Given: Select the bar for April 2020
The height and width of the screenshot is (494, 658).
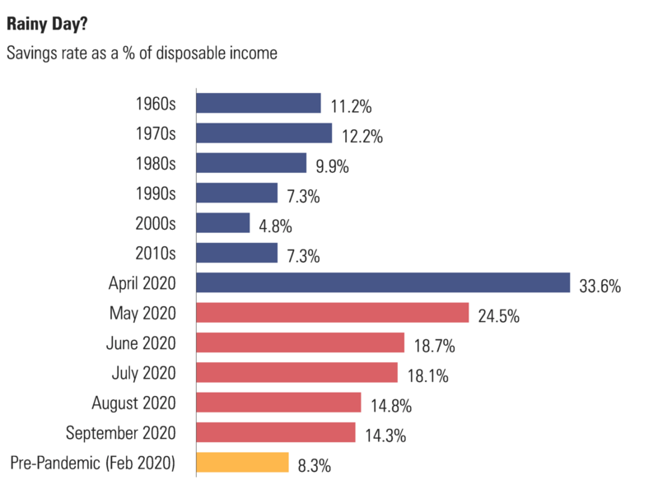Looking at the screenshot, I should pyautogui.click(x=383, y=283).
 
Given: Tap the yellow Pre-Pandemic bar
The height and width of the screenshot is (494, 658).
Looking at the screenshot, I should pyautogui.click(x=242, y=462).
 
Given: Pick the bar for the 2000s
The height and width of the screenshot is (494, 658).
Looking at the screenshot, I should pyautogui.click(x=223, y=223).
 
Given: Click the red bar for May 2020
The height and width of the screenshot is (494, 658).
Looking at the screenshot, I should pyautogui.click(x=332, y=313).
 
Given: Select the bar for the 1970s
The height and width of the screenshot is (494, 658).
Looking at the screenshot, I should pyautogui.click(x=264, y=133).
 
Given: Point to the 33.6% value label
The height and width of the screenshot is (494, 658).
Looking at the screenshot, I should pyautogui.click(x=599, y=287).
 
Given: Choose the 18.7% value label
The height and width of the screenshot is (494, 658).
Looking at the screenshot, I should pyautogui.click(x=432, y=347).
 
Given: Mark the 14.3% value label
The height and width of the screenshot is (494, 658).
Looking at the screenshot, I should pyautogui.click(x=384, y=436).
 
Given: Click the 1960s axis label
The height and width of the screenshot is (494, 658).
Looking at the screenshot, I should pyautogui.click(x=156, y=104).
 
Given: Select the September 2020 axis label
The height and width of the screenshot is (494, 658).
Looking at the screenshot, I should pyautogui.click(x=120, y=432).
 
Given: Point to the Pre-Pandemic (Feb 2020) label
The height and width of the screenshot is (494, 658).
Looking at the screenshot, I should pyautogui.click(x=93, y=462).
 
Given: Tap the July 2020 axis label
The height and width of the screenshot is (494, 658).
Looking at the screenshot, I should pyautogui.click(x=143, y=373).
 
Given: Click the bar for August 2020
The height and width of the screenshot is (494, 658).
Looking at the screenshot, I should pyautogui.click(x=278, y=402).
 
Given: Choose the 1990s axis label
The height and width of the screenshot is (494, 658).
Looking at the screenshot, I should pyautogui.click(x=156, y=193).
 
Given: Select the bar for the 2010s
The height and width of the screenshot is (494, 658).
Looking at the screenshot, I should pyautogui.click(x=236, y=253).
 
